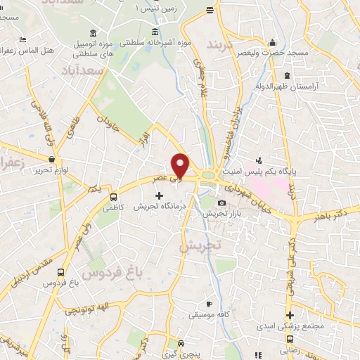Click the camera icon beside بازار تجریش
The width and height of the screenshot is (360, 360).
coord(222,203)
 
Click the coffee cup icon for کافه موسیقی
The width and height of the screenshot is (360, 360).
coord(208,304)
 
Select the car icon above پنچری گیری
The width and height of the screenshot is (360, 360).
coord(181,344)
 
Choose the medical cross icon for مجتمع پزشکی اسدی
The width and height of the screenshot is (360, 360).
coord(290,315)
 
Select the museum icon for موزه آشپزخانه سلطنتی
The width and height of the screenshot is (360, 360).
coord(155,31)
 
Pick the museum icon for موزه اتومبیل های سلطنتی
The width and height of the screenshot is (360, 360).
coord(95,34)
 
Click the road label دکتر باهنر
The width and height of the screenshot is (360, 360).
coord(332,211)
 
